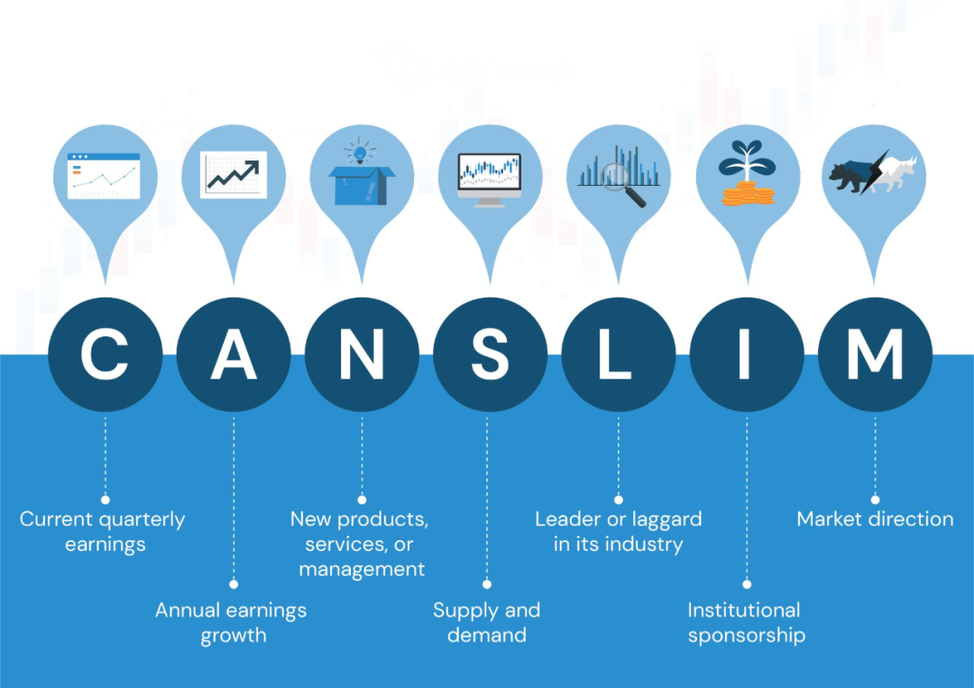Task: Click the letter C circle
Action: (x=105, y=354)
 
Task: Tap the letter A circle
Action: (x=234, y=354)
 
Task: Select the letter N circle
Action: (x=362, y=354)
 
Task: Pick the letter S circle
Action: (x=490, y=354)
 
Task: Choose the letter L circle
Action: (x=618, y=354)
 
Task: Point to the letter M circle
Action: (x=875, y=354)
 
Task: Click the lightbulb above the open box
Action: (x=360, y=151)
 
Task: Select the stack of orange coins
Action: (x=748, y=193)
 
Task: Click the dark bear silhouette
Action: (x=852, y=177)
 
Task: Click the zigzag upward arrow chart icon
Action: (x=234, y=175)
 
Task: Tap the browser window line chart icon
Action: (x=104, y=176)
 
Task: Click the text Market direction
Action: (x=875, y=519)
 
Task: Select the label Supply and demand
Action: (x=486, y=622)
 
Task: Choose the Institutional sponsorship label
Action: (x=746, y=623)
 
